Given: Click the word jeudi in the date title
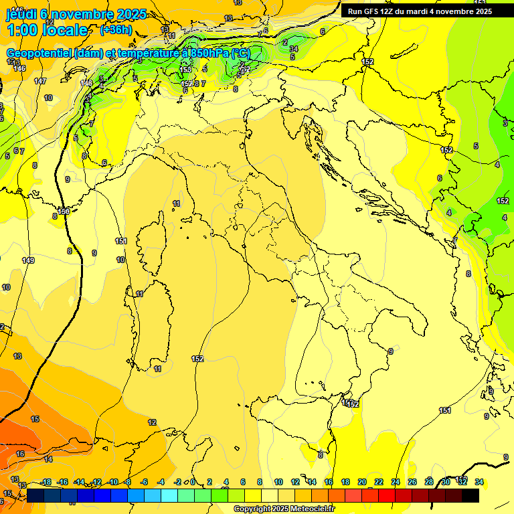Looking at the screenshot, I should click(21, 14).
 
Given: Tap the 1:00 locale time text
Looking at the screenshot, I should click(48, 30).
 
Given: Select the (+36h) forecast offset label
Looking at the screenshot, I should click(116, 30).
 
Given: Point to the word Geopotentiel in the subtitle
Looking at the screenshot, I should click(39, 53).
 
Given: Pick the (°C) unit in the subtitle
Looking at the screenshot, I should click(240, 53).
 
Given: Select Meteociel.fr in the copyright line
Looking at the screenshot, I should click(307, 509).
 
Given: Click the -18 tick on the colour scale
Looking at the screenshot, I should click(46, 482).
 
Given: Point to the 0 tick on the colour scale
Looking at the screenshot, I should click(193, 482).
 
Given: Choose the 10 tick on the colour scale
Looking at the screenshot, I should click(277, 482).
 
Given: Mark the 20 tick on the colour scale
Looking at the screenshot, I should click(361, 482).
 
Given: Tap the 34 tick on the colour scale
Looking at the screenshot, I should click(479, 482).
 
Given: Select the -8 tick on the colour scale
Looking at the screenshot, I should click(126, 482).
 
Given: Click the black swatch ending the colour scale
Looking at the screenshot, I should click(470, 495).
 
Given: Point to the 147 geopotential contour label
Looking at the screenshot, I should click(40, 81).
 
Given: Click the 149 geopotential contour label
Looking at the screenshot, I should click(27, 260).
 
